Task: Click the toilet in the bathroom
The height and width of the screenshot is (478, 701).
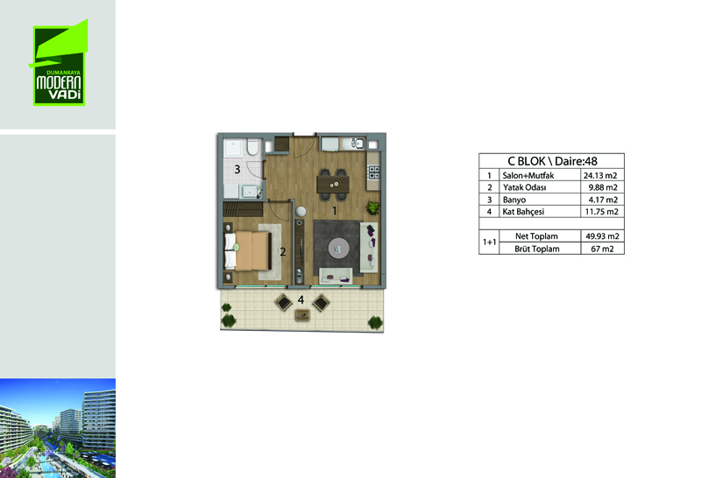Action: [x=252, y=146]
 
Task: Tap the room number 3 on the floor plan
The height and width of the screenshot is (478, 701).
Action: [x=237, y=170]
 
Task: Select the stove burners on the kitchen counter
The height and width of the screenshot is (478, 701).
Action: [x=373, y=172]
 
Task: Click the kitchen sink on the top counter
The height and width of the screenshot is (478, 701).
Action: [x=358, y=144]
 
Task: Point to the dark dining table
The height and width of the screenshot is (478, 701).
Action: [x=333, y=184]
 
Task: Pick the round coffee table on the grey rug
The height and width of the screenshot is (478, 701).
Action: [x=338, y=248]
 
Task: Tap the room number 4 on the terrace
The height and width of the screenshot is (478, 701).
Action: [x=301, y=299]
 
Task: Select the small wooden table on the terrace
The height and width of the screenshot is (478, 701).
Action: [x=302, y=315]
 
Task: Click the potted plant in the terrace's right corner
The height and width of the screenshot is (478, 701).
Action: [x=375, y=322]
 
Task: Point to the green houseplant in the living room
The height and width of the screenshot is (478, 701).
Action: [x=372, y=207]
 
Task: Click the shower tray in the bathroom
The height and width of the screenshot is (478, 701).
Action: [x=234, y=148]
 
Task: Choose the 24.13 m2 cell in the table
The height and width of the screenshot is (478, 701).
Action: [x=600, y=176]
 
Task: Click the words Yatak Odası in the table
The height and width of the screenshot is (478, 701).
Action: [x=524, y=187]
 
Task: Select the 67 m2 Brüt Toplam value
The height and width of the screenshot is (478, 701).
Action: [x=602, y=249]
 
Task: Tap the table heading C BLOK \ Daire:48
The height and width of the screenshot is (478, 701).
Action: [x=552, y=161]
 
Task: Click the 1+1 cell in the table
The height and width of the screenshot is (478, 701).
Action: [x=489, y=243]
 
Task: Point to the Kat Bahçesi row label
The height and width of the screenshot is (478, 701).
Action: [x=523, y=212]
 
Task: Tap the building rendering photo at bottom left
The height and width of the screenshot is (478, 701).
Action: [x=58, y=428]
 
